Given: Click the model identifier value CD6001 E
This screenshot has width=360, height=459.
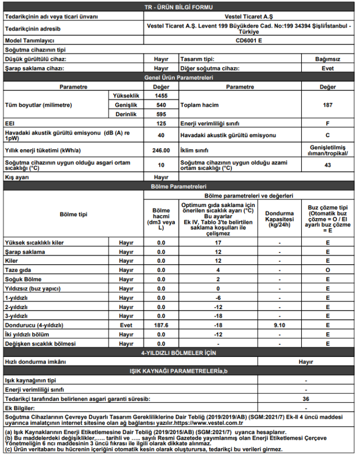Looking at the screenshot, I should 249,40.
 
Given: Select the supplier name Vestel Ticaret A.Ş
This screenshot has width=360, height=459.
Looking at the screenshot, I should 249,16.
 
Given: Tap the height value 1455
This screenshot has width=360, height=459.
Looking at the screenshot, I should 161,95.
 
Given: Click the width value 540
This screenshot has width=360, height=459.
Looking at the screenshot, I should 161,105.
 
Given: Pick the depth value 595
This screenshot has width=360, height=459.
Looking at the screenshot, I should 161,114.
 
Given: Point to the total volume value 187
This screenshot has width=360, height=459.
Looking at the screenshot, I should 327,105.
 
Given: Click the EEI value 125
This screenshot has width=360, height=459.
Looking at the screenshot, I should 161,124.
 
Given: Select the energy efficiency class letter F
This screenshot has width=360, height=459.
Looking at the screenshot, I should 327,124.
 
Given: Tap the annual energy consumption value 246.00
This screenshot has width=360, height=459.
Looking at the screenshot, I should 161,150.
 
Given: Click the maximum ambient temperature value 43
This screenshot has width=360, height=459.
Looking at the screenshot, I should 327,165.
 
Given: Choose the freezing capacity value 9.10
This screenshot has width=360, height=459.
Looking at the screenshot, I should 279,325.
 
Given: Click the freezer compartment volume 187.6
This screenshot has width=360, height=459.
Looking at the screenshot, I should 161,325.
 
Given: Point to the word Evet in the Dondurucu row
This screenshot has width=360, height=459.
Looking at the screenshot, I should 126,325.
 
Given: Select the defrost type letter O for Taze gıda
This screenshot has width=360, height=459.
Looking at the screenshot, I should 327,270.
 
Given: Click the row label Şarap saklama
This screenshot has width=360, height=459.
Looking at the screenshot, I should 24,252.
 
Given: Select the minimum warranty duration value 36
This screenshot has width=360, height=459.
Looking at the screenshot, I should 306,399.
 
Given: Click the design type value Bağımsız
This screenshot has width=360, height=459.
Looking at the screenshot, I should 327,59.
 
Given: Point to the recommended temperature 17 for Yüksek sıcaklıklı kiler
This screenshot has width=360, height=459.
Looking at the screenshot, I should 218,243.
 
